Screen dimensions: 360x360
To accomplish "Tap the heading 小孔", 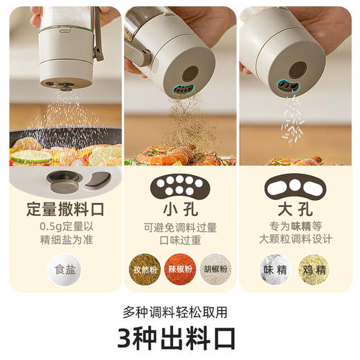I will [x=180, y=209].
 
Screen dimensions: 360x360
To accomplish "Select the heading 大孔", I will [x=295, y=209].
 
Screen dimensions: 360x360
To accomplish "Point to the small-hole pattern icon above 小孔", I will [x=180, y=183].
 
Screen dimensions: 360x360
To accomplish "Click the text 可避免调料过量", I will [x=180, y=226].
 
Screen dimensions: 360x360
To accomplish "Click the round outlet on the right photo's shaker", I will [x=298, y=69].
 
